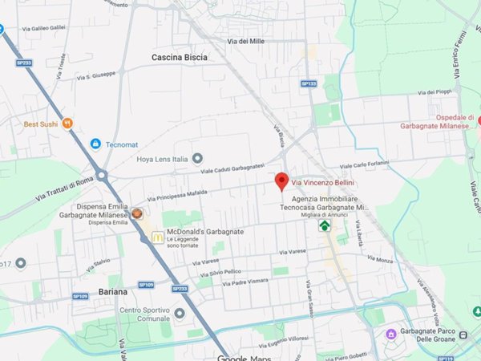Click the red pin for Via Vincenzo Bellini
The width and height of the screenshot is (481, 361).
click(x=281, y=181)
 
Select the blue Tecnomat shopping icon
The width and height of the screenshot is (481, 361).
click(x=95, y=144)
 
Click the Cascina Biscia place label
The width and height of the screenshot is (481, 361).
click(x=180, y=58)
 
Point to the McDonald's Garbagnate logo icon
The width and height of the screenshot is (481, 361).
click(x=158, y=237)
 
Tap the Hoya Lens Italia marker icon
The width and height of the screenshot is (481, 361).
click(x=198, y=158)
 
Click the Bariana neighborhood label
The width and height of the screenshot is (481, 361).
click(x=113, y=291)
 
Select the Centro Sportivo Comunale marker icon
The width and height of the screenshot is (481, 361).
click(x=180, y=314)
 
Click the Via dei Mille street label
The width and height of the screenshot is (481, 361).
click(x=246, y=41)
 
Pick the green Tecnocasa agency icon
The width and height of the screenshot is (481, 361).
click(x=324, y=225)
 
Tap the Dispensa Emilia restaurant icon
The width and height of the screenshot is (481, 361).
click(x=137, y=214)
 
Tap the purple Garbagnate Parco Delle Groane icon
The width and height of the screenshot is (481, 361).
click(x=391, y=333)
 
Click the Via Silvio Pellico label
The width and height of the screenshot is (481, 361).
click(x=227, y=272)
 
